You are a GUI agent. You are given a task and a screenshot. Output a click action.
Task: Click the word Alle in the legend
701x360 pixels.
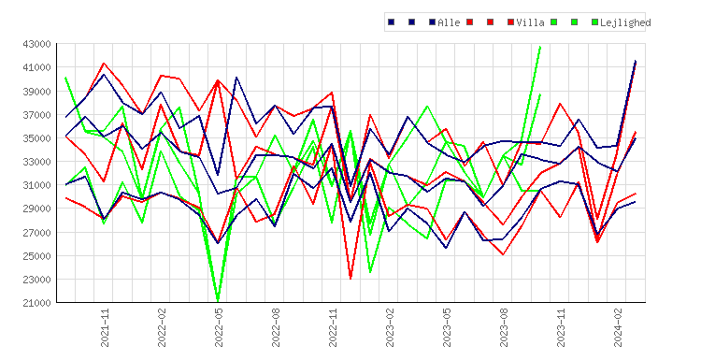pos(449,22)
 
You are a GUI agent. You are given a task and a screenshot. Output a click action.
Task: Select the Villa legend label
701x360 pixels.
pos(530,22)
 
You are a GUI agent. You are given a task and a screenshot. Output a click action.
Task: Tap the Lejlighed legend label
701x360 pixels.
pos(625,22)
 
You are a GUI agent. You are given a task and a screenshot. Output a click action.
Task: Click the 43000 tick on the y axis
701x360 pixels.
pos(36,44)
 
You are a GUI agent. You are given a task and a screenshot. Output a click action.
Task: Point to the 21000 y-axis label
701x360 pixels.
pos(36,303)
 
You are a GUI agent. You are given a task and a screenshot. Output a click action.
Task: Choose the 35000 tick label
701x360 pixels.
pos(36,138)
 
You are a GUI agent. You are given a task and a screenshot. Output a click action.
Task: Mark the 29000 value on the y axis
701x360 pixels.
pos(36,209)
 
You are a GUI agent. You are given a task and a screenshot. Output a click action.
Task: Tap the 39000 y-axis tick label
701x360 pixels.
pos(36,92)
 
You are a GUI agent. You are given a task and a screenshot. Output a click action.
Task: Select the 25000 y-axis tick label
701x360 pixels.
pos(36,256)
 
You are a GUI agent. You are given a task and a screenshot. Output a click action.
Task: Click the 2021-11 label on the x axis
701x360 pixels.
pos(105,327)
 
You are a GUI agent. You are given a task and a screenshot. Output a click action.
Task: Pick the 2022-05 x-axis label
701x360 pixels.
pos(219,327)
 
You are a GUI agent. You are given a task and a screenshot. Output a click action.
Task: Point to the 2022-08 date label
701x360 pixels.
pos(276,327)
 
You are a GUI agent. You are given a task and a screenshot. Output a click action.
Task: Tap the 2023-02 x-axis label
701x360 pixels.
pos(390,327)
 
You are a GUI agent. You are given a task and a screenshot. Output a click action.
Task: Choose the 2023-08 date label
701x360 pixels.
pos(504,327)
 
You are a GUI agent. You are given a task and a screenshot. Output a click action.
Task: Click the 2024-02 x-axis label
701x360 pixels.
pos(618,327)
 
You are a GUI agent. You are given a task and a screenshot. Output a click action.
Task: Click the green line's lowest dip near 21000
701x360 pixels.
pos(218,300)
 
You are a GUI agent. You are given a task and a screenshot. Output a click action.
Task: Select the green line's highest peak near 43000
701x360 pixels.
pos(540,47)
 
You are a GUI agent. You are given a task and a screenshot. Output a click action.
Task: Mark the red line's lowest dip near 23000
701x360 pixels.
pos(350,278)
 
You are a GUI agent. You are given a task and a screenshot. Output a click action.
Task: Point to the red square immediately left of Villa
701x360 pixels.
pos(510,22)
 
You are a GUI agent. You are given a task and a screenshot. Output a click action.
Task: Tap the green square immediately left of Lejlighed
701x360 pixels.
pos(594,22)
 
